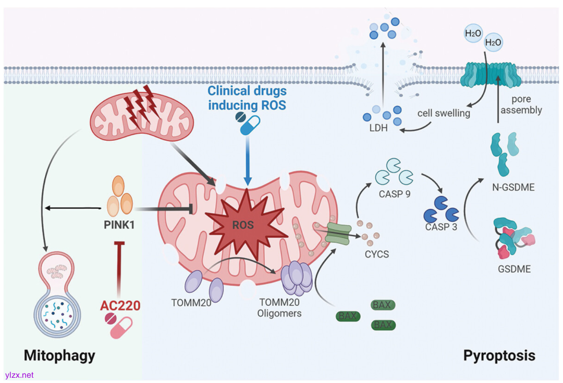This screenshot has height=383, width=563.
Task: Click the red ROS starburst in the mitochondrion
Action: [244, 226]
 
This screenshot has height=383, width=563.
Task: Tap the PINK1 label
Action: [119, 227]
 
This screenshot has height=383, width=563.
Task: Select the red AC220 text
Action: [120, 305]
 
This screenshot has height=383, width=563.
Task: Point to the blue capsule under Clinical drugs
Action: [248, 125]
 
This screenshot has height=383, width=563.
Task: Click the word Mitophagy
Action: [59, 356]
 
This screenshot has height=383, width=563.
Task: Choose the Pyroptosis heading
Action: [499, 356]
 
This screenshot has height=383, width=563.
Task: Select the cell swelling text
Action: [444, 113]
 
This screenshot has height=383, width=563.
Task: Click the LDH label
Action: [377, 127]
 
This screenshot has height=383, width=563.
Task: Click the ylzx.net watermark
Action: [19, 375]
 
